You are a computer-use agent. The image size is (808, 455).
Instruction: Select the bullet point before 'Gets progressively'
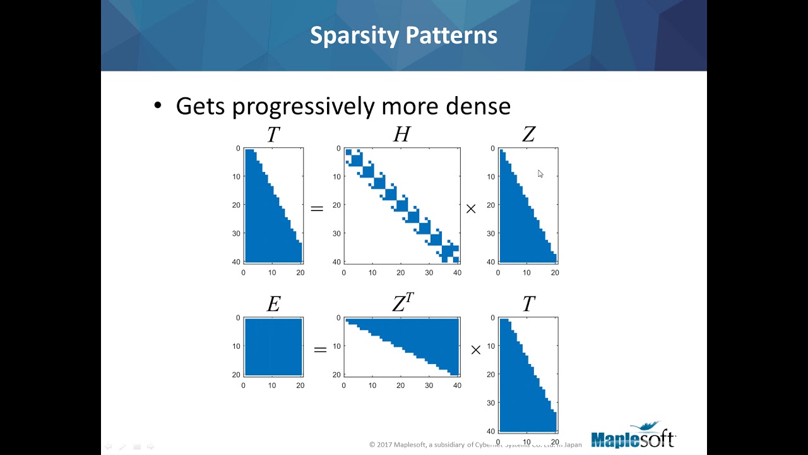click(x=158, y=106)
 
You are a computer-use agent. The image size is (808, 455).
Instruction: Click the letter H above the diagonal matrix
click(x=401, y=135)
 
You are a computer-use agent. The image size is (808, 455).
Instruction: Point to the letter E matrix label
click(x=273, y=305)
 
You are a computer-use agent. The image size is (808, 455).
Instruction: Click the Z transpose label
click(x=402, y=303)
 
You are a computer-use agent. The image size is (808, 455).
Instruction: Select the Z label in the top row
click(x=528, y=135)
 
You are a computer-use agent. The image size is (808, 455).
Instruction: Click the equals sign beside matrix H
click(x=317, y=209)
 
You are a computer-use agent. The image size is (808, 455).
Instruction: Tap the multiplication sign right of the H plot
click(x=471, y=209)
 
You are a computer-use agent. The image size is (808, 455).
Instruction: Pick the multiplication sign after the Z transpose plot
click(x=476, y=349)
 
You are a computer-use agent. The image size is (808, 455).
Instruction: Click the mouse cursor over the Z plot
click(x=540, y=174)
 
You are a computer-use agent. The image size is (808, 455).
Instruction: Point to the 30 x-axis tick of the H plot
click(x=429, y=273)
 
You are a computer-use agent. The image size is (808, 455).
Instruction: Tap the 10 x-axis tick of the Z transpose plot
click(x=372, y=385)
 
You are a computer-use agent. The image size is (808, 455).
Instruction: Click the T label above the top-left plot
click(x=273, y=135)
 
